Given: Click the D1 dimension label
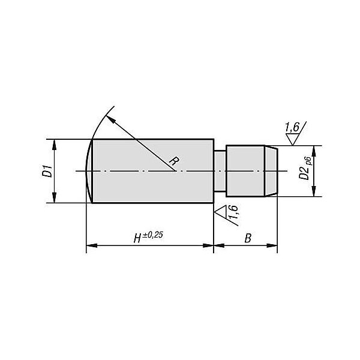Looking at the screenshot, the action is coord(47,171).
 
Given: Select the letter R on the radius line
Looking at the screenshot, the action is coord(174,161).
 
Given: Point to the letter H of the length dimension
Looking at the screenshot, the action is coord(137,238).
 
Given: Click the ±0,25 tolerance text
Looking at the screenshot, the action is coord(153,235).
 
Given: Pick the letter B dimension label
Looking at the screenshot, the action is coord(248,238).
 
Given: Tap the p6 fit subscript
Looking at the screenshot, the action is coord(308,161).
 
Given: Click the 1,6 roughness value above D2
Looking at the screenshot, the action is coord(292,127).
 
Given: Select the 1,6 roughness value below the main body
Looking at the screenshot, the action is coord(233,212).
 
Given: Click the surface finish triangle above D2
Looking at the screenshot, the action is coord(293,139).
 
